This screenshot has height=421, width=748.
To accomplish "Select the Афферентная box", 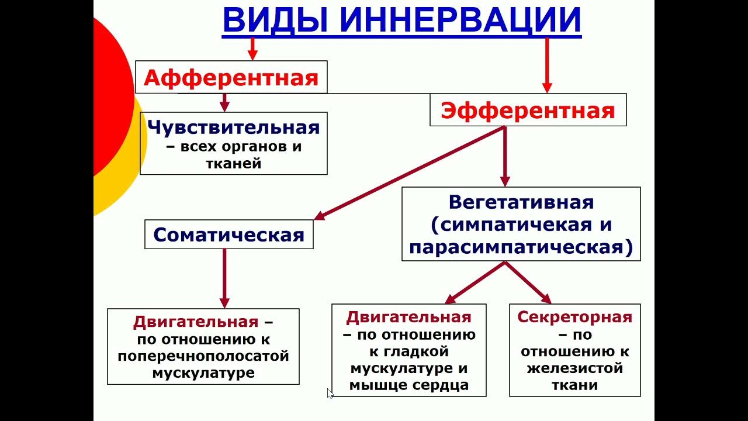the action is (231, 77).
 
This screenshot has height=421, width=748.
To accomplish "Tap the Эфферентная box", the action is (528, 110).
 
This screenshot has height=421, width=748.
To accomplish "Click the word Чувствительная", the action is (234, 127).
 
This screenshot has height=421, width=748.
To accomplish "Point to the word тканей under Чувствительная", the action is (233, 164).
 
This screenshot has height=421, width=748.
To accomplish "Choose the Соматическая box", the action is (228, 234).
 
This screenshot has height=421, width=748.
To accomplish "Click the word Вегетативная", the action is (521, 202).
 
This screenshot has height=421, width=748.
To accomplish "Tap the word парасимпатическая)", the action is (521, 247).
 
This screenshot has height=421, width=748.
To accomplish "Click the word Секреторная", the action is (574, 317).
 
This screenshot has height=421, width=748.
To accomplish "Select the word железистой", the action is (574, 368).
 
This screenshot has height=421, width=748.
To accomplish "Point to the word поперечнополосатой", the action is (203, 356).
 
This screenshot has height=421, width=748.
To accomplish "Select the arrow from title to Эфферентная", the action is (547, 64).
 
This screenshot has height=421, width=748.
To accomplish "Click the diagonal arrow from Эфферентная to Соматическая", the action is (409, 173).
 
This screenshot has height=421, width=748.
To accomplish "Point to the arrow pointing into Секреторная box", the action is (529, 283).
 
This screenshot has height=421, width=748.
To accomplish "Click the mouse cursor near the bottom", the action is (330, 394).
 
